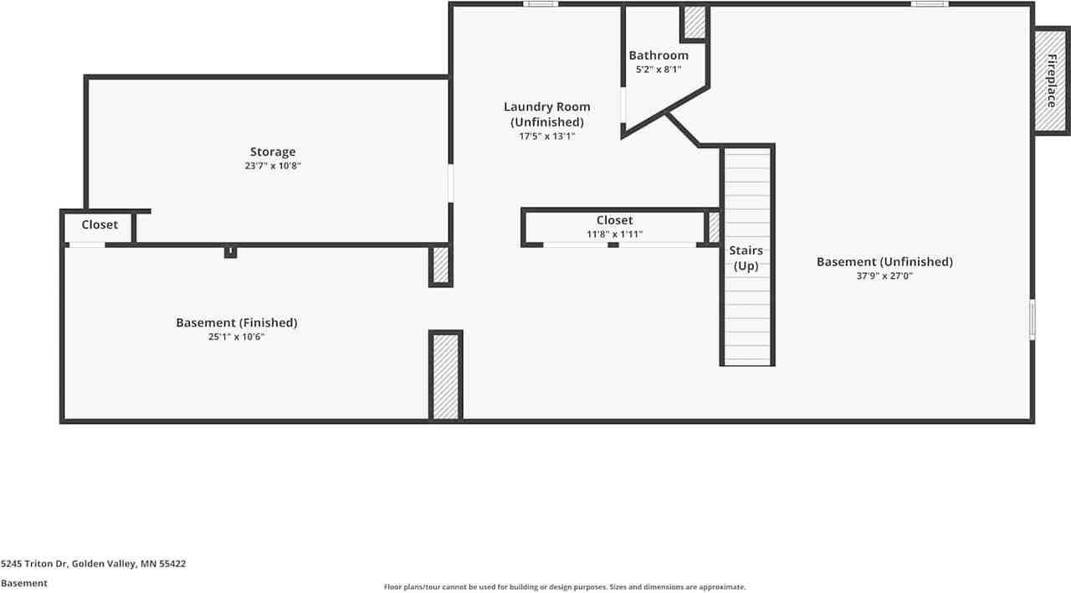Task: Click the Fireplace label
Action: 1051,81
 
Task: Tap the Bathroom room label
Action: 658,55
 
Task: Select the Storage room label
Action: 273,152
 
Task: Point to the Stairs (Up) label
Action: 746,258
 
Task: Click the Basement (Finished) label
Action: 236,322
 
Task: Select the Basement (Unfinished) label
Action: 884,261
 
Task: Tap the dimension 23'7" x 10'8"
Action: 273,166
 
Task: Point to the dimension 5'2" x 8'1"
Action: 658,70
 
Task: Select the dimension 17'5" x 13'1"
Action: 546,136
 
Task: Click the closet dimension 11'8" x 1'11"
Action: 614,235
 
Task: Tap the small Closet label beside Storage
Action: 100,224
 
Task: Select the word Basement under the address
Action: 24,583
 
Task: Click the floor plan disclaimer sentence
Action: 565,587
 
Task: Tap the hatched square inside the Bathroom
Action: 694,23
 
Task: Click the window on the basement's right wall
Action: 1033,319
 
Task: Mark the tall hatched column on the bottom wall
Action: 445,375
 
